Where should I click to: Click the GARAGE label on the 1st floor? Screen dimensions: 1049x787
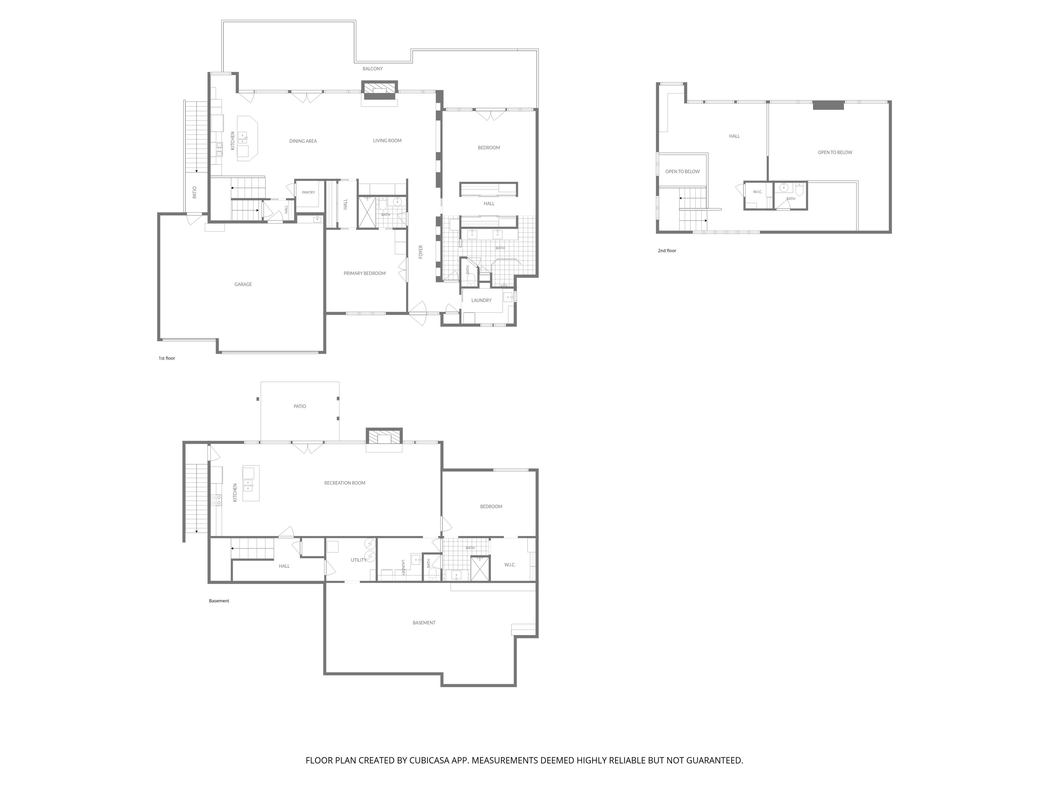click(243, 284)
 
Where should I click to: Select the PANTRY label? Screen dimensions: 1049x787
click(308, 192)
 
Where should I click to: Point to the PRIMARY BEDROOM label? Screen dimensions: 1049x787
click(364, 273)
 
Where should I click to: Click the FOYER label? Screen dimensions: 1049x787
click(420, 252)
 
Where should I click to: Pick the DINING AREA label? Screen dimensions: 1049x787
click(303, 141)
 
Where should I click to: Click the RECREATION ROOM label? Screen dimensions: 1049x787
click(345, 483)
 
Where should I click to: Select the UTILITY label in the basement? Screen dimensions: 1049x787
click(359, 560)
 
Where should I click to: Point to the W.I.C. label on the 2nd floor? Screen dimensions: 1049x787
click(757, 192)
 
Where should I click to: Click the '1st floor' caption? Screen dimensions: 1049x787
click(167, 358)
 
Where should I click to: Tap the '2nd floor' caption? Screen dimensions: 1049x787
click(667, 250)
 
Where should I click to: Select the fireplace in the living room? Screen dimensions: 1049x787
click(379, 91)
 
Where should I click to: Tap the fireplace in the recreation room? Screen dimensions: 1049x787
click(384, 437)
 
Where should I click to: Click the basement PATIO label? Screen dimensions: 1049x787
click(300, 406)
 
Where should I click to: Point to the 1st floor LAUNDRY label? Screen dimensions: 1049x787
click(481, 300)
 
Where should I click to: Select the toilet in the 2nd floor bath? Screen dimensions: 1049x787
click(799, 190)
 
